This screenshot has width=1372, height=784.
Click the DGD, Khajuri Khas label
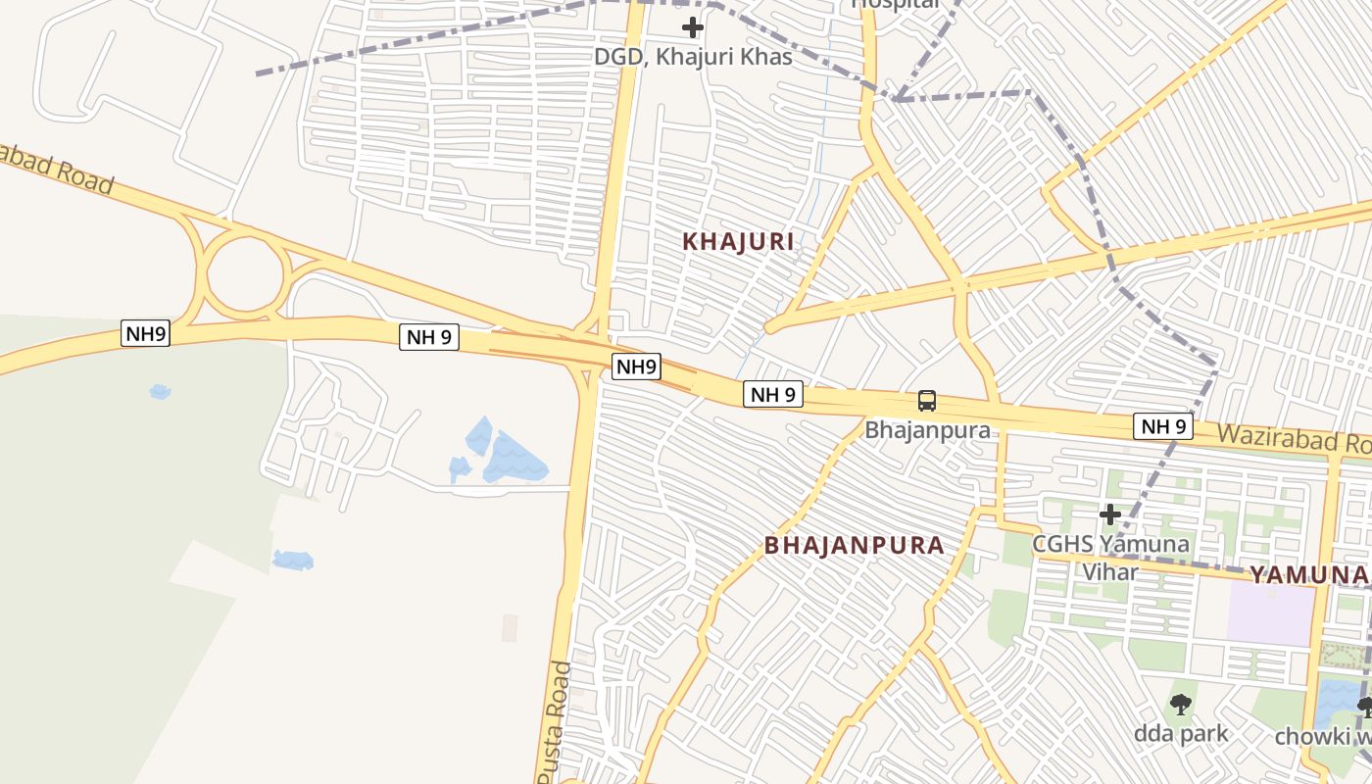click(693, 57)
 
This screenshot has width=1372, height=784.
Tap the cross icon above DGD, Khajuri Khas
click(693, 26)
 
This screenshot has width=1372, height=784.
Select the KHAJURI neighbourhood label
click(738, 242)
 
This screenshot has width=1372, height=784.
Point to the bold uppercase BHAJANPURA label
click(855, 546)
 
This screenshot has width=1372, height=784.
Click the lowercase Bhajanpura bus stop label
click(927, 430)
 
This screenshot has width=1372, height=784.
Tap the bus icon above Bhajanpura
click(927, 401)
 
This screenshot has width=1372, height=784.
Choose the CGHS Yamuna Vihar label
click(1111, 557)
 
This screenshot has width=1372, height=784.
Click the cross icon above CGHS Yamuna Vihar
click(1110, 514)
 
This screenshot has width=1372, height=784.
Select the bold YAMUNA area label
click(1308, 575)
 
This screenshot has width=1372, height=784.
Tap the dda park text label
click(1181, 733)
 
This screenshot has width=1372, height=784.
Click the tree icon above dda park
click(1181, 704)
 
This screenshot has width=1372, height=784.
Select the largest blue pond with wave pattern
click(512, 458)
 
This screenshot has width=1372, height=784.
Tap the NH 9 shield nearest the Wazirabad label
click(1163, 426)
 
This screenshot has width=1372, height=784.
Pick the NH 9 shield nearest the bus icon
click(773, 395)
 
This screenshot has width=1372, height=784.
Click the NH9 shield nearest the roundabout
click(146, 333)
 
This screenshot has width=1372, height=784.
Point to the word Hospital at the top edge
click(896, 4)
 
